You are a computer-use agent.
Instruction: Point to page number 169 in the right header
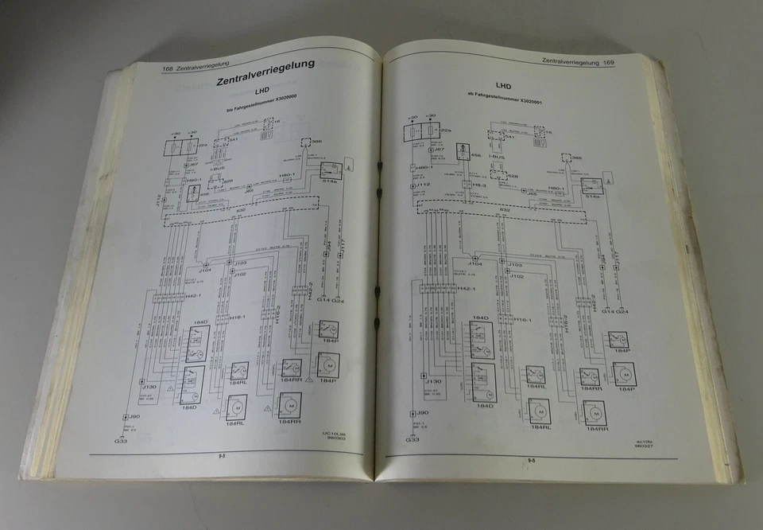610,62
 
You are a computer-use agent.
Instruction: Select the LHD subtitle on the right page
504,86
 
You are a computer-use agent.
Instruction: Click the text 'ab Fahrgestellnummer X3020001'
505,102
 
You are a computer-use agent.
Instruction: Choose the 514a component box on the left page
331,171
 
